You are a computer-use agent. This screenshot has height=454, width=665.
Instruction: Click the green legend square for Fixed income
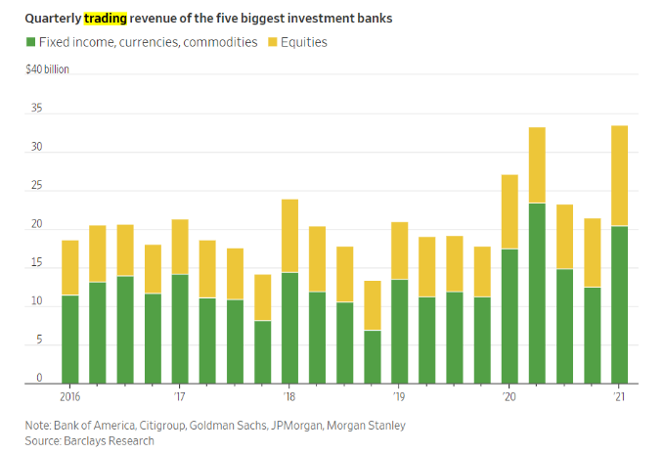[29, 43]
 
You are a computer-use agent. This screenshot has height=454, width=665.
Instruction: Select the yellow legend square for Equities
[272, 43]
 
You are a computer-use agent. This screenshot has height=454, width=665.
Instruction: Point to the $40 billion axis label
[48, 70]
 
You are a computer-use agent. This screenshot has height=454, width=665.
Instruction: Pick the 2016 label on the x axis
[69, 397]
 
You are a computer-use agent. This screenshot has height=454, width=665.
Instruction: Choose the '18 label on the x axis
[289, 397]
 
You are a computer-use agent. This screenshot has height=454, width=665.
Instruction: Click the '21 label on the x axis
[619, 397]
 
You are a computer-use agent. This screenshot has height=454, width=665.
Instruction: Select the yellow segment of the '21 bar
[619, 175]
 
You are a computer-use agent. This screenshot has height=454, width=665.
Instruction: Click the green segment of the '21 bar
[619, 304]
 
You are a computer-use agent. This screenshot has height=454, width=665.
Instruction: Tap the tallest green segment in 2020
[537, 294]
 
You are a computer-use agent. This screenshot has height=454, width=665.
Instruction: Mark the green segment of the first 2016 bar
[69, 340]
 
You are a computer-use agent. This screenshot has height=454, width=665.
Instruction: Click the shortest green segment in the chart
[372, 357]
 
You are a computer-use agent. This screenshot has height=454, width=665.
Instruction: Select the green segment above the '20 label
[510, 316]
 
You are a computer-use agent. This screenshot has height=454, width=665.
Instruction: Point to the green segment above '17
[179, 329]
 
